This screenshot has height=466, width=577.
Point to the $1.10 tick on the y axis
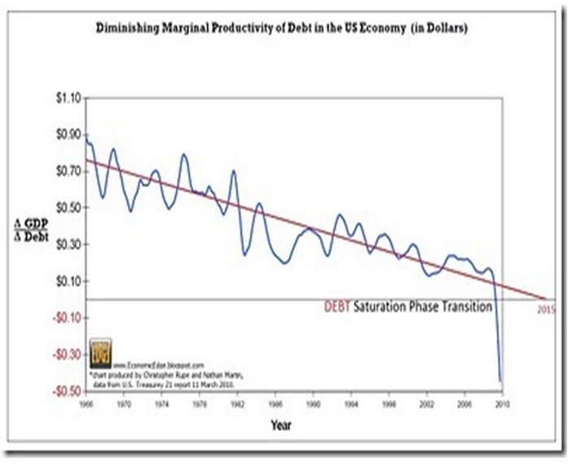tap(68, 98)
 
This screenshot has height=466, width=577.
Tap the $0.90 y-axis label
tap(68, 135)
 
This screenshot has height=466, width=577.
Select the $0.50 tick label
tap(68, 208)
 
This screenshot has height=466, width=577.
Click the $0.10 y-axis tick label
tap(68, 281)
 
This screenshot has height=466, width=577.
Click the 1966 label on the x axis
tap(86, 402)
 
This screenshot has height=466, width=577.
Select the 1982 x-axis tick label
tap(234, 402)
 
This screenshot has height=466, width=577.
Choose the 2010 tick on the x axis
tap(500, 402)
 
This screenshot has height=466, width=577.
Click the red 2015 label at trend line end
tap(547, 310)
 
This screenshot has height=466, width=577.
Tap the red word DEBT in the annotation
tap(338, 307)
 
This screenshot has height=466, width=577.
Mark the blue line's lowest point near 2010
tap(500, 380)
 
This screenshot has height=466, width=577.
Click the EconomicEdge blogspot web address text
tap(155, 365)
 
